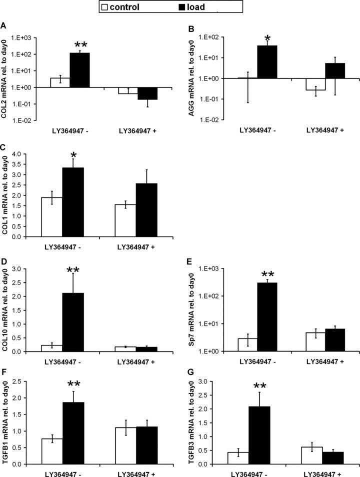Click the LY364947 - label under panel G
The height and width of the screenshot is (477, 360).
(x=248, y=473)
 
